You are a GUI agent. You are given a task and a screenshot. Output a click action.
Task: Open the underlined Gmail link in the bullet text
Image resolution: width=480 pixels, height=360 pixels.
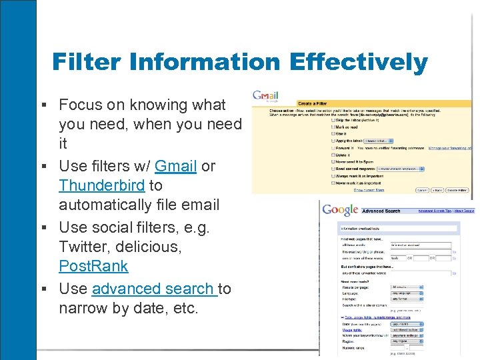click(175, 166)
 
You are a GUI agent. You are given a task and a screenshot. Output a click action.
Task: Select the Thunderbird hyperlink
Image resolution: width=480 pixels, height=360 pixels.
click(101, 185)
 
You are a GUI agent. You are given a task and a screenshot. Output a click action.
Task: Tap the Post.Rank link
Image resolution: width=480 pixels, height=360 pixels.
click(93, 266)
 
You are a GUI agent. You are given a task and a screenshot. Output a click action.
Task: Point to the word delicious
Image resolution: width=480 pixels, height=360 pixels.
click(153, 246)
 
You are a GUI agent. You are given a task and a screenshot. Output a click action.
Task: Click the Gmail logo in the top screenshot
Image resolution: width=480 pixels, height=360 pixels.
click(265, 97)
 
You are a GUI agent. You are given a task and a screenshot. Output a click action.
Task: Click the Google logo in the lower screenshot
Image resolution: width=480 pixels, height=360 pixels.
click(339, 210)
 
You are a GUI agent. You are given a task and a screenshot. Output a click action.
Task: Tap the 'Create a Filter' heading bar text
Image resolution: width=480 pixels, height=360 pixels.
click(313, 103)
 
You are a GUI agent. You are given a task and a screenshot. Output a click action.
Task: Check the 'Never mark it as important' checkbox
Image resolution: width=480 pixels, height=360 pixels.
click(333, 182)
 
